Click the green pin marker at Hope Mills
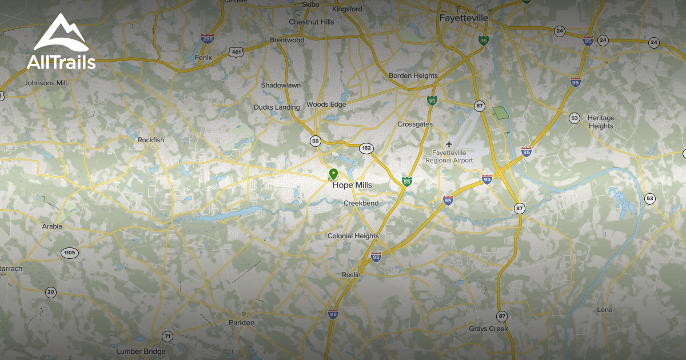(x=333, y=174)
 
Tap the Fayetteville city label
(x=464, y=18)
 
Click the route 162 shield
(x=366, y=149)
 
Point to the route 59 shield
(x=315, y=141)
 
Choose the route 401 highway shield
(x=236, y=52)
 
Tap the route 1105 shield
(x=70, y=253)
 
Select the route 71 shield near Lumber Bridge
(x=167, y=336)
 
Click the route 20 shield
(x=51, y=292)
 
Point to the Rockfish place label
(x=151, y=139)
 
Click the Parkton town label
(x=241, y=323)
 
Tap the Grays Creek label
(x=488, y=329)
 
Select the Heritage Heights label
(x=600, y=122)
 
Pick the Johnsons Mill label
(x=46, y=83)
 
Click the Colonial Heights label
(x=353, y=236)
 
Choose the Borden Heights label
(x=413, y=75)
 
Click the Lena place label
(x=604, y=310)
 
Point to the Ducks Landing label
(x=277, y=107)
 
